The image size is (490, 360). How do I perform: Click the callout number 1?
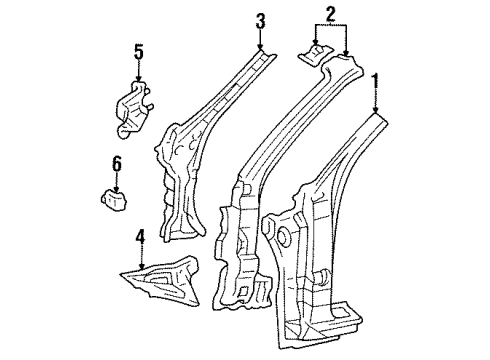tap(376, 79)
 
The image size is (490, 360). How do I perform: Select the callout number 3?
tap(260, 20)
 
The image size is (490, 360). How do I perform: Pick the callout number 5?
tap(139, 50)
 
